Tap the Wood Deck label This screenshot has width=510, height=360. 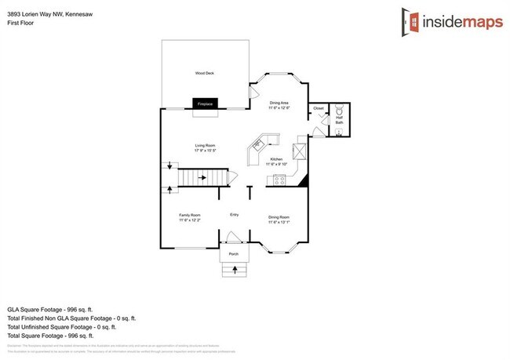click(205, 73)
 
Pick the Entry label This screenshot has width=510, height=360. click(234, 215)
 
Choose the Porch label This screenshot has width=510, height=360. click(233, 255)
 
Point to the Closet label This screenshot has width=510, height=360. click(319, 108)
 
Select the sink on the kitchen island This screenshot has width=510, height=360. click(257, 145)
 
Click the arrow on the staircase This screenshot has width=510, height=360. click(202, 178)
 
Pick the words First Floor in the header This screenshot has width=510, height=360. click(20, 24)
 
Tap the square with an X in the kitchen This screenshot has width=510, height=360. click(300, 151)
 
